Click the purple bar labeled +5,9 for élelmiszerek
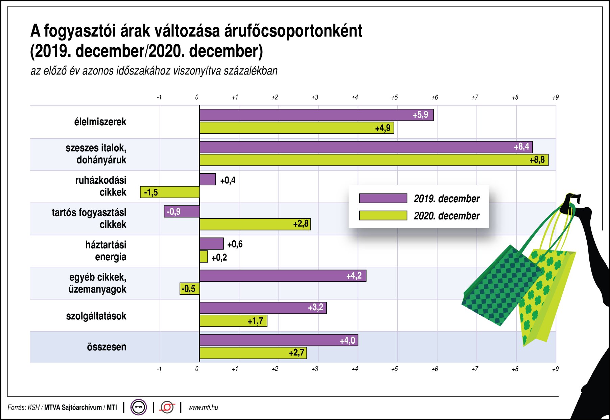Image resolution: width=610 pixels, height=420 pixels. (316, 115)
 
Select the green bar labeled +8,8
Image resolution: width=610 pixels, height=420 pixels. (374, 160)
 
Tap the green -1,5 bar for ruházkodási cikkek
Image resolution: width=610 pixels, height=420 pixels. (170, 192)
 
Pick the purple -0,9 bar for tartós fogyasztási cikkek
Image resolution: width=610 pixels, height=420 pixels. (182, 212)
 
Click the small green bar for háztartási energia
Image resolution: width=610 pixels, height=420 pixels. (204, 257)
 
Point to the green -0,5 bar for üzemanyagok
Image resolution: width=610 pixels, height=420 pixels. (189, 289)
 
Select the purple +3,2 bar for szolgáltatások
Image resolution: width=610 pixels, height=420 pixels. (263, 308)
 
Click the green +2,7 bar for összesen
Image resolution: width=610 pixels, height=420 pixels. (253, 353)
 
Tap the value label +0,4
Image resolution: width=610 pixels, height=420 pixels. (228, 180)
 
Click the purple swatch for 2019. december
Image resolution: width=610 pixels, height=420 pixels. (383, 199)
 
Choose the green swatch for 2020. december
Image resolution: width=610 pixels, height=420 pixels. (383, 215)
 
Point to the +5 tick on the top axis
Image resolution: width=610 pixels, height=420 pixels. (394, 98)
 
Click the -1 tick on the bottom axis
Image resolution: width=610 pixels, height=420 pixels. (159, 369)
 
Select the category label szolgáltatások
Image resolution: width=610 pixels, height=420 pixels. (96, 316)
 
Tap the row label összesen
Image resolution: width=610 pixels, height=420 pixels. (107, 347)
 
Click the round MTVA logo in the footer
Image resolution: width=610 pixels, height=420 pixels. (139, 407)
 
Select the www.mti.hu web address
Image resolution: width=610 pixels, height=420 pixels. (203, 408)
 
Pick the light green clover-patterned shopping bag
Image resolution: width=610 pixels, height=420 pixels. (544, 297)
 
